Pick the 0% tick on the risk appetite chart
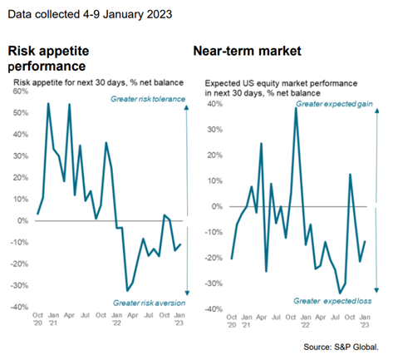[21, 221]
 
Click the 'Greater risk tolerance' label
[149, 100]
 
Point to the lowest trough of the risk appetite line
[127, 290]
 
